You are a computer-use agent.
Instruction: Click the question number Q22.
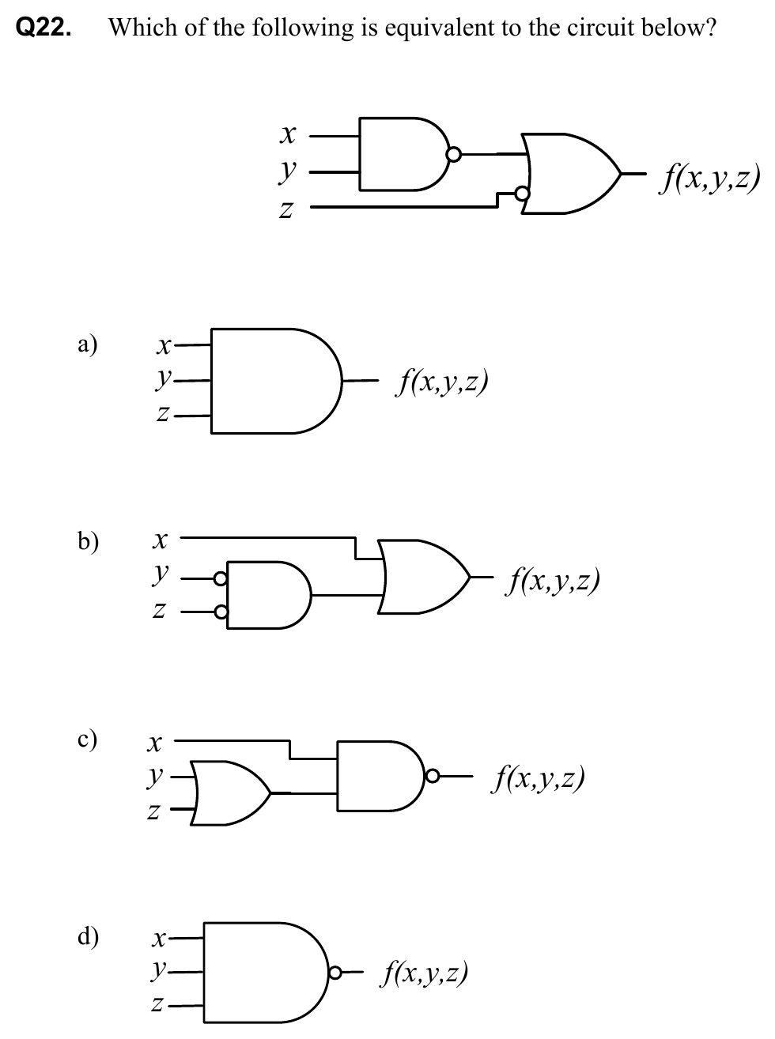(x=43, y=28)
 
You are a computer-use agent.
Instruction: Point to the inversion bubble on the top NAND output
(x=453, y=154)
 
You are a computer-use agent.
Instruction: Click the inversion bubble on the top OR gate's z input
(x=521, y=193)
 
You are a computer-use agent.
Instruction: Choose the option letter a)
(x=88, y=344)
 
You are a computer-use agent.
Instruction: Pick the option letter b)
(x=88, y=541)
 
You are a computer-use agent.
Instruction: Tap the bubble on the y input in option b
(x=221, y=579)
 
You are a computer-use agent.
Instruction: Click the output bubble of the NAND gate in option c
(x=431, y=776)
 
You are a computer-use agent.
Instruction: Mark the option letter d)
(x=88, y=937)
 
